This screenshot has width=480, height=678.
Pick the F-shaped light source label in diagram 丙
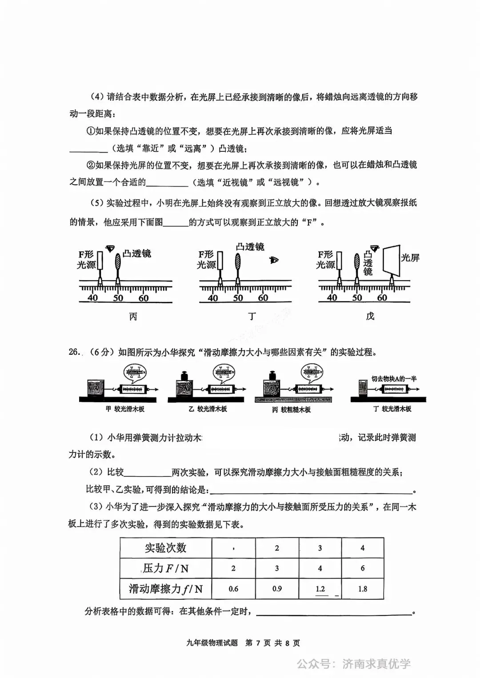tap(86, 259)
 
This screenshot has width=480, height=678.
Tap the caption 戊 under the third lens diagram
tap(370, 316)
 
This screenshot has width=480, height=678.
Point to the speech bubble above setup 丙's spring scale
tap(313, 372)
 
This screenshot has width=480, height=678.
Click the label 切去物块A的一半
tap(394, 379)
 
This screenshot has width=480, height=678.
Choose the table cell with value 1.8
tap(363, 589)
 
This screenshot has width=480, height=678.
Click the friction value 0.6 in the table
tap(233, 589)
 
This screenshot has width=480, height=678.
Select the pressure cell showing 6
tap(363, 568)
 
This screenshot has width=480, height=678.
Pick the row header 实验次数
tap(165, 548)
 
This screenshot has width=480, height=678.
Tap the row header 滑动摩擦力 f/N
tap(165, 589)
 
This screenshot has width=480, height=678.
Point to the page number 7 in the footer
tap(258, 643)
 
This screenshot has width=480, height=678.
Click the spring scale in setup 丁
tap(396, 389)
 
